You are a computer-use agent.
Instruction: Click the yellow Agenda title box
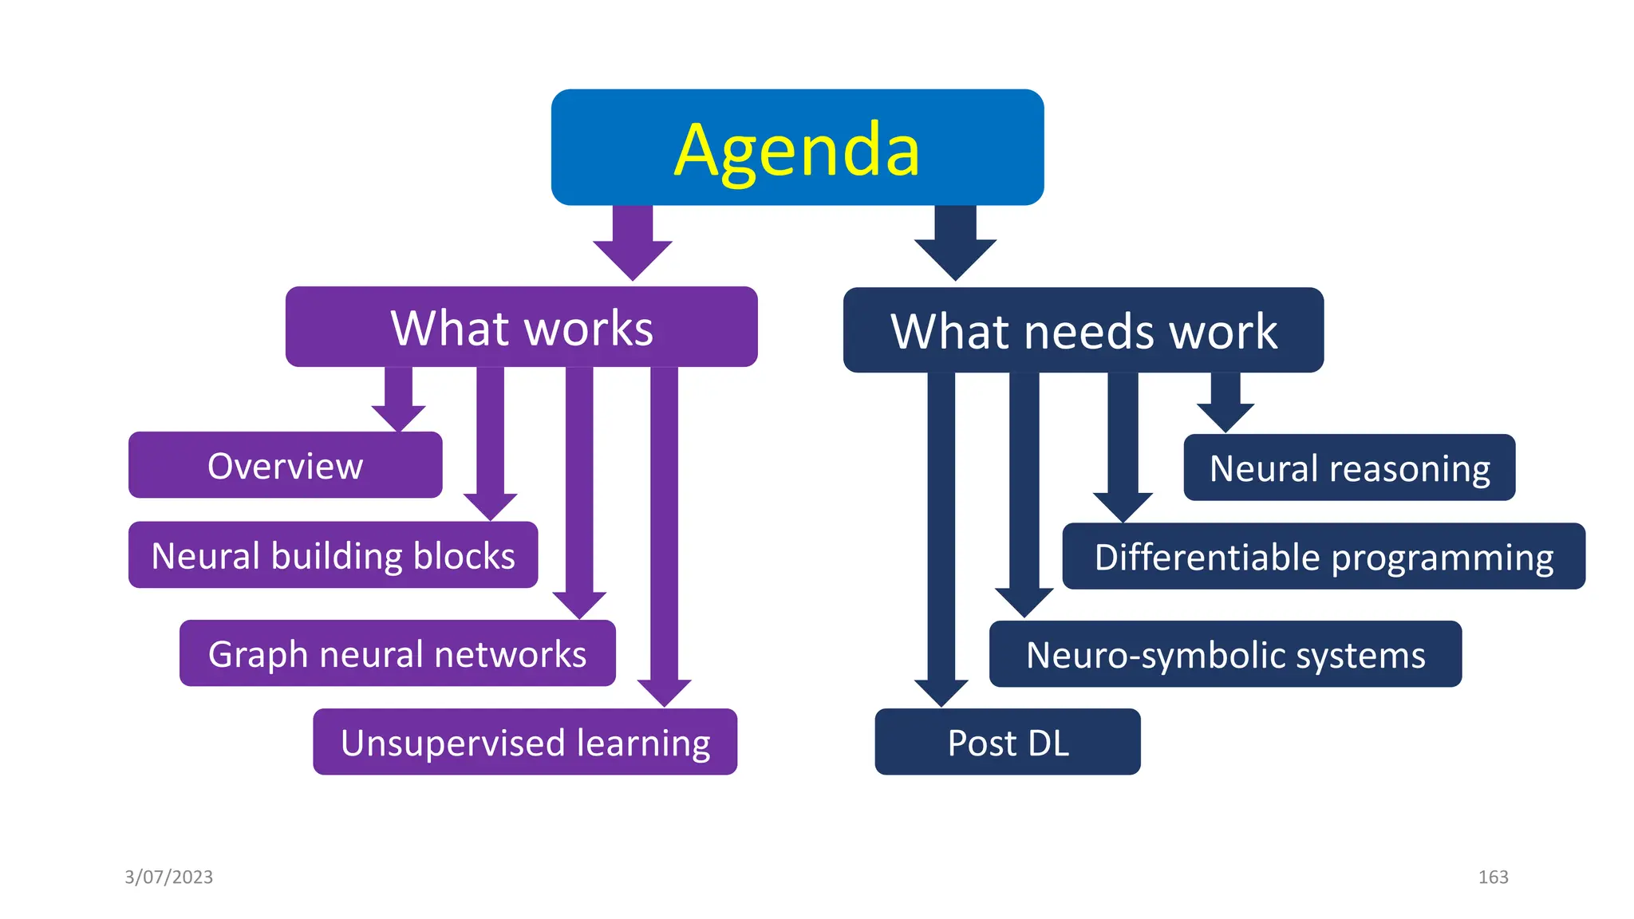(x=797, y=148)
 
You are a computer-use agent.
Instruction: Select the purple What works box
(x=521, y=327)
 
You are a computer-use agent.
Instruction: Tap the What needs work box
(x=1083, y=330)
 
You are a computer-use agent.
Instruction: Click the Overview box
(x=285, y=465)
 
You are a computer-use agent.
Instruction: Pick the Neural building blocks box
(x=333, y=555)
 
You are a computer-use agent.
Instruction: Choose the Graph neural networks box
(x=397, y=653)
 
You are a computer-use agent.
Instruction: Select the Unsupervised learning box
(x=525, y=742)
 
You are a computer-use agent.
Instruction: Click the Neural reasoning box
(x=1349, y=467)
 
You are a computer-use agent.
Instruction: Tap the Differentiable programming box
(x=1324, y=556)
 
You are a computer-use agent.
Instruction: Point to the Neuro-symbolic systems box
(x=1225, y=654)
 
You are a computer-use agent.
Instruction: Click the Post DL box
(x=1008, y=742)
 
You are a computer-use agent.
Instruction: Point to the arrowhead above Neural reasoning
(x=1225, y=416)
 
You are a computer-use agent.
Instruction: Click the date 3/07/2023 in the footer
(x=169, y=877)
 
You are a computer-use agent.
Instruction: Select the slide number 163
(x=1493, y=877)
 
